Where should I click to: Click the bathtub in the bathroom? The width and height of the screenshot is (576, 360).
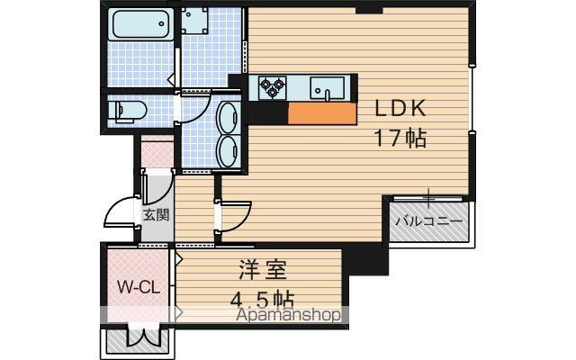141,24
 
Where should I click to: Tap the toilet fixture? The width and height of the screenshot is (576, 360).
128,111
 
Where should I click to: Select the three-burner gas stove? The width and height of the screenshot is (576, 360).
272,87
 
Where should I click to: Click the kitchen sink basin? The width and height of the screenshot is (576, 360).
327,88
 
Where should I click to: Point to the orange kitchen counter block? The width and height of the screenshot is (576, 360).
322,113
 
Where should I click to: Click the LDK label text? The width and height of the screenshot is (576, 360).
400,108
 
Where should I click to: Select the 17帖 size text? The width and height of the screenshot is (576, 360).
400,139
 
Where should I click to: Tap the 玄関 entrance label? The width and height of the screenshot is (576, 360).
156,214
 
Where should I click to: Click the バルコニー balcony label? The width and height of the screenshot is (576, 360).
428,221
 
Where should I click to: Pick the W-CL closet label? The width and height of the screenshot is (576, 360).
139,287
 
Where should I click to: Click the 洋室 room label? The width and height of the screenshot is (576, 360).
263,270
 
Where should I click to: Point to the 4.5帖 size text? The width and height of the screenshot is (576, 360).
262,300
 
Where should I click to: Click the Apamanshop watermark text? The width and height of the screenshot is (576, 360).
288,315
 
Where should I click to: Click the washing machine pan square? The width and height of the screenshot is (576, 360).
193,20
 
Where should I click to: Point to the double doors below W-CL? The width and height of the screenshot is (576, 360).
143,335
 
